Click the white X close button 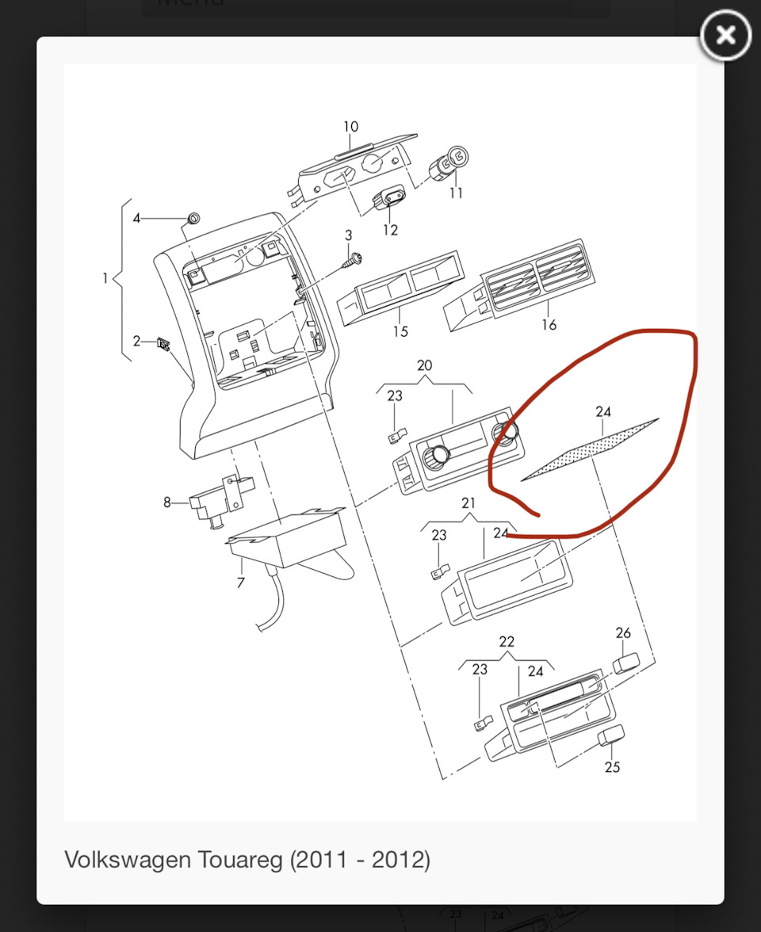(725, 35)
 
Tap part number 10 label (350, 127)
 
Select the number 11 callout (456, 193)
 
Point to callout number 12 (391, 230)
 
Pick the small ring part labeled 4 (193, 218)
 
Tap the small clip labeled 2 (163, 344)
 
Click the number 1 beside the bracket (105, 278)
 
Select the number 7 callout (240, 582)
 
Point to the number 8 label (167, 502)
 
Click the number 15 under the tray (400, 331)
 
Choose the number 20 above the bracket (425, 365)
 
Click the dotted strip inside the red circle (590, 449)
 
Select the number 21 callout (468, 502)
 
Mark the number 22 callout (507, 641)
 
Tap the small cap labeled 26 (626, 663)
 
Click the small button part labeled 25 (611, 735)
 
